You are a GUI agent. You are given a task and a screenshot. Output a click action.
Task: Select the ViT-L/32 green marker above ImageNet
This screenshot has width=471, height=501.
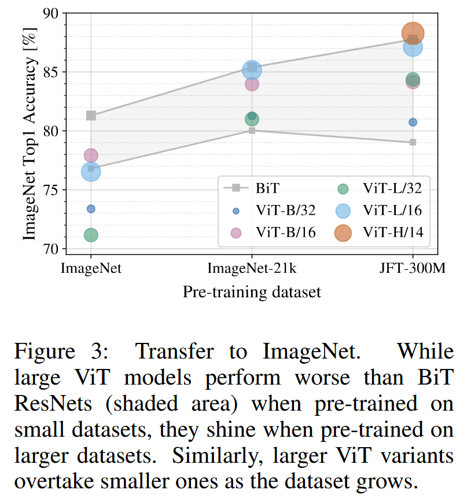point(91,235)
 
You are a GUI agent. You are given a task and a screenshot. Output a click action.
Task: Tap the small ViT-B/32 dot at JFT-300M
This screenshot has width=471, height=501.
point(413,122)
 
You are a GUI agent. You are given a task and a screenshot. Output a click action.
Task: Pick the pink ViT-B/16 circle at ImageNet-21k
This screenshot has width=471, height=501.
point(252,84)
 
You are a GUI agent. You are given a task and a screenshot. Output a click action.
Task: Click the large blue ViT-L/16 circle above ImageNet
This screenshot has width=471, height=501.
point(91,171)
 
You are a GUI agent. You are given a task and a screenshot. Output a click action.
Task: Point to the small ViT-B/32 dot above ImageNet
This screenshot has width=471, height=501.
point(91,209)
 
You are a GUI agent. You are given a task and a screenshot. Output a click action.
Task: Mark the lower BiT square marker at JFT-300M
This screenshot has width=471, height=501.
point(413,142)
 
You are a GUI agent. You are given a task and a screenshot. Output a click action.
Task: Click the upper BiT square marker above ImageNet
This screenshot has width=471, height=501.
point(91,115)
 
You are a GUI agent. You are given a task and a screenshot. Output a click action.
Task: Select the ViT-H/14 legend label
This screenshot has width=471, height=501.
point(393,232)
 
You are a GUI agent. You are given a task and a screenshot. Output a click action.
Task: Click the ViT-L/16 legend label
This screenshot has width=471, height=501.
point(393,210)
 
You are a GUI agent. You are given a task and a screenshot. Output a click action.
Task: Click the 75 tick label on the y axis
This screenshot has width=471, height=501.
point(50,190)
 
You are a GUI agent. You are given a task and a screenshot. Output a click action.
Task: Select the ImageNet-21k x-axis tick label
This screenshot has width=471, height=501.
point(252,268)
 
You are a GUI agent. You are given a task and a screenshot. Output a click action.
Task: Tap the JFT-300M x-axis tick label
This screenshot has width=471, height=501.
point(413,268)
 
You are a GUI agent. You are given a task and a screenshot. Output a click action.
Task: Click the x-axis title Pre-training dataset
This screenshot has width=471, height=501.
point(252,291)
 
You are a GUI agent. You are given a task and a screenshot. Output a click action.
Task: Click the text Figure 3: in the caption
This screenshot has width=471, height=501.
point(59,352)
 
